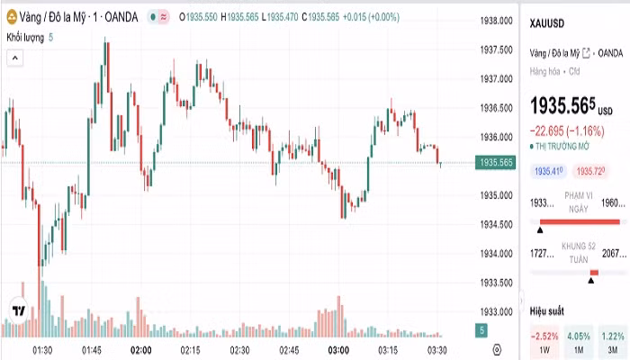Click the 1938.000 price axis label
tap(497, 20)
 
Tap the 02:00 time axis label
tap(140, 349)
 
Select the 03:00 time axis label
tap(338, 349)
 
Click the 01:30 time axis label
tap(41, 349)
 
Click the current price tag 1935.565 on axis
tap(497, 163)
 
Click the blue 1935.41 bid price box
tap(549, 171)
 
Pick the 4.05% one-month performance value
tap(580, 335)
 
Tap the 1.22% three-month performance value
tap(612, 335)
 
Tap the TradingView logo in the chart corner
tap(17, 310)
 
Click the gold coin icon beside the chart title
tap(13, 16)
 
